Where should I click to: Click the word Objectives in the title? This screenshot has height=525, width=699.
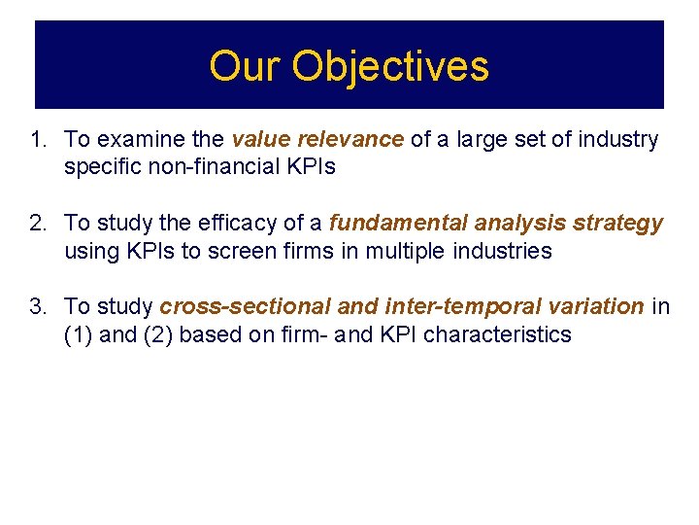(390, 66)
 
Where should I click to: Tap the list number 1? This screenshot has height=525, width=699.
(37, 140)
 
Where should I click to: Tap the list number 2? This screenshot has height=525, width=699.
(37, 224)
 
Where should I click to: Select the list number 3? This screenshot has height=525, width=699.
(37, 307)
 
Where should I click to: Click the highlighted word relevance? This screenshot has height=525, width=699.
(354, 140)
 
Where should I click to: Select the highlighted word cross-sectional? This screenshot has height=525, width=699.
(246, 307)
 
